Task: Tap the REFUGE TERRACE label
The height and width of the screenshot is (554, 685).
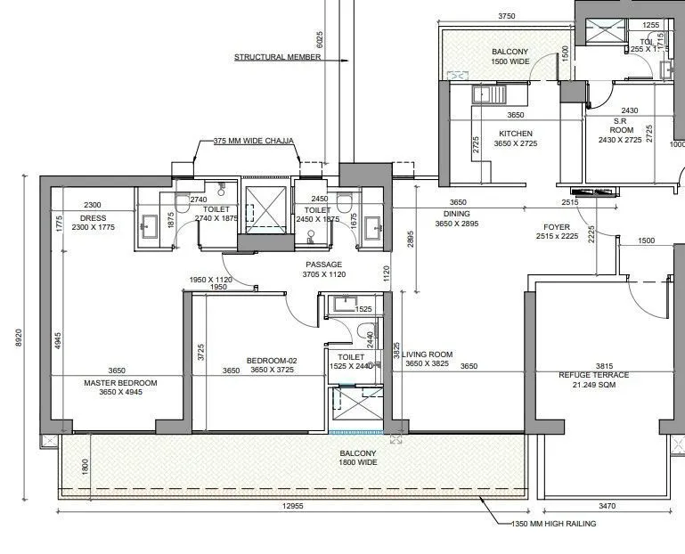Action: pyautogui.click(x=593, y=375)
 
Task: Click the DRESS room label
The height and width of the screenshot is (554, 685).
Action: pyautogui.click(x=94, y=218)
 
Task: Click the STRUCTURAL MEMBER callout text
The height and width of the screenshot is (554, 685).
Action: pyautogui.click(x=278, y=57)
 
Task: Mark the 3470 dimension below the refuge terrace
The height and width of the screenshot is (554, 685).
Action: pyautogui.click(x=608, y=506)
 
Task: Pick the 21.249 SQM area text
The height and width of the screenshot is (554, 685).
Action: pyautogui.click(x=593, y=385)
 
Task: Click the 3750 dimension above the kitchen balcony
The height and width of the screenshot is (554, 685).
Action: pyautogui.click(x=507, y=16)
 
